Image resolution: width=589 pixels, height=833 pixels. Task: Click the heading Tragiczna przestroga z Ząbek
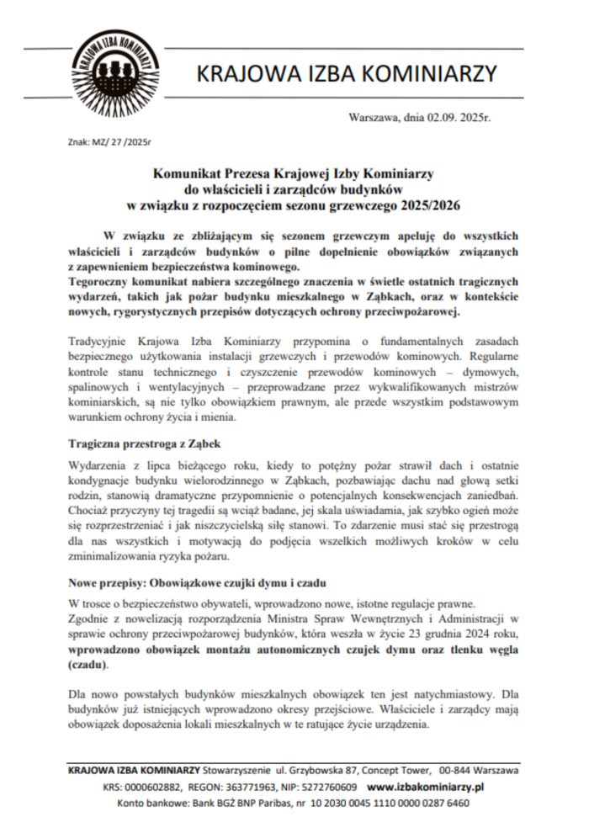[x=142, y=443]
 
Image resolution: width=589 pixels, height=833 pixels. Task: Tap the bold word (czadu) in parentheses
[x=88, y=663]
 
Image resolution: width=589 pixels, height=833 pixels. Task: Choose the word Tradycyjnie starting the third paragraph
[x=98, y=341]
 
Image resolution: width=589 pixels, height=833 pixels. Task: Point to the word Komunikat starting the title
[x=187, y=172]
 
